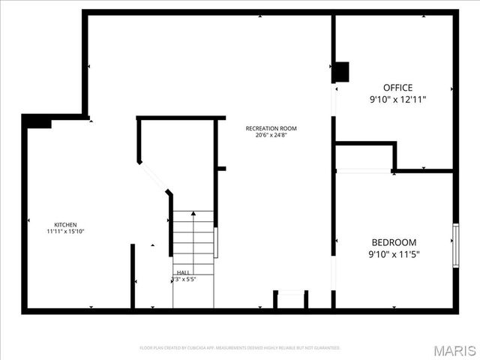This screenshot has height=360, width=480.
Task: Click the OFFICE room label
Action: click(397, 88)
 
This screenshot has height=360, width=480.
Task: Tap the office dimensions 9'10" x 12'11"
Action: click(397, 99)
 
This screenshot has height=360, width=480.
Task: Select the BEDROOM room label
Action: click(394, 242)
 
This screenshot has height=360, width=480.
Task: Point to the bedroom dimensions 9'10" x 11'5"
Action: click(394, 254)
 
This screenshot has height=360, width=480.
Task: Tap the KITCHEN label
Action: click(65, 224)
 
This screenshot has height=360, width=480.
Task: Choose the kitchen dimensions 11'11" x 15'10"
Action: click(65, 232)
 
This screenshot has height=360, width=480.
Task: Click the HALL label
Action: click(183, 272)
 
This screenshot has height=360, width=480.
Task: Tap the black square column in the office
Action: click(341, 71)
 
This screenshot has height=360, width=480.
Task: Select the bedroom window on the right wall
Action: click(455, 244)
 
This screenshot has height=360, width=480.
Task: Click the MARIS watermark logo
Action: click(454, 349)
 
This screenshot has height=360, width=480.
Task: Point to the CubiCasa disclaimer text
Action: click(240, 348)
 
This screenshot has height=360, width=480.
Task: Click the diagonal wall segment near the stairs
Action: click(154, 177)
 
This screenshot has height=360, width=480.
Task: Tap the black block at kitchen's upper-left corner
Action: click(37, 121)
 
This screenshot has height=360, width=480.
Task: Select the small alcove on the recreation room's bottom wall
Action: click(290, 300)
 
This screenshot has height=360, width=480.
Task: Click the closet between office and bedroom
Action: click(363, 157)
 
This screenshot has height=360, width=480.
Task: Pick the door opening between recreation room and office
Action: click(334, 101)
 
